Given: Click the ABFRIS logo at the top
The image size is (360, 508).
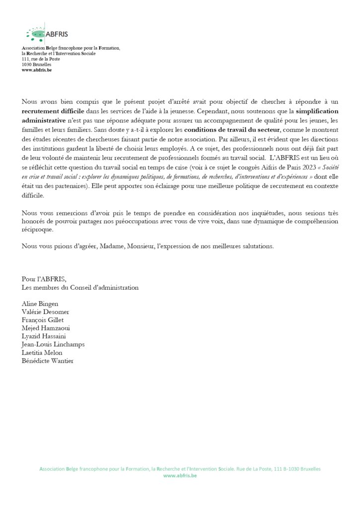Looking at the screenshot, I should [47, 34].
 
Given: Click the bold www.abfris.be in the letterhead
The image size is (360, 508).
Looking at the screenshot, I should [37, 70].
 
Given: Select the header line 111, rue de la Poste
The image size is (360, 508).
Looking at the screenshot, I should [41, 59].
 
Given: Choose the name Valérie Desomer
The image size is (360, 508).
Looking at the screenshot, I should [46, 312].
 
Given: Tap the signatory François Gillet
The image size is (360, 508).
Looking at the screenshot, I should [43, 320].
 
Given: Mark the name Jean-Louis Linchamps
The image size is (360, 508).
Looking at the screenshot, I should [53, 344].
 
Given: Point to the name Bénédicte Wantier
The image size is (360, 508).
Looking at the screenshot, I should [47, 361].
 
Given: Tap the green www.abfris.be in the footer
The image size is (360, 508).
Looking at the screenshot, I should [180, 476].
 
